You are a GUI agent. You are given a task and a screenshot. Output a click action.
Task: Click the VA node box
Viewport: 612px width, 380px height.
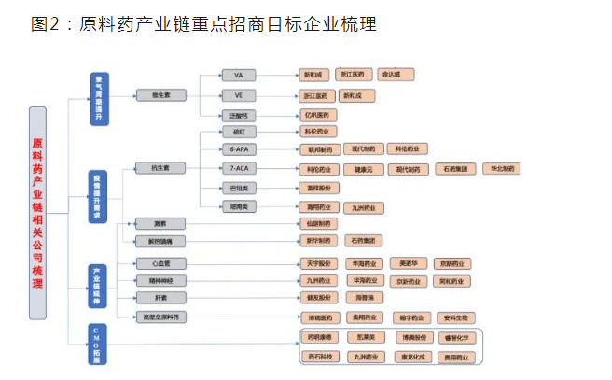pos(238,74)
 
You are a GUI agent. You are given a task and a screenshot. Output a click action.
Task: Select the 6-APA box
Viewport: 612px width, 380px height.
pos(238,148)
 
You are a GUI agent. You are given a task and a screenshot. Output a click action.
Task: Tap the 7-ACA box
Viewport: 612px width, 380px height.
pos(238,169)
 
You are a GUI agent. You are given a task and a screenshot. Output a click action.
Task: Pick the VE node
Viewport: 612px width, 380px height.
pos(238,95)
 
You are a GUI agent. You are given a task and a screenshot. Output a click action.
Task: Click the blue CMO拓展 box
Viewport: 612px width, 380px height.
pos(98,345)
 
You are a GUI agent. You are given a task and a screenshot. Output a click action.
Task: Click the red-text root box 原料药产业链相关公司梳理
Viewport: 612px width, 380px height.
pos(38,213)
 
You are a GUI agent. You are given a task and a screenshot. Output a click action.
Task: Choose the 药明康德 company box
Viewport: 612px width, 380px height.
pos(318,338)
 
